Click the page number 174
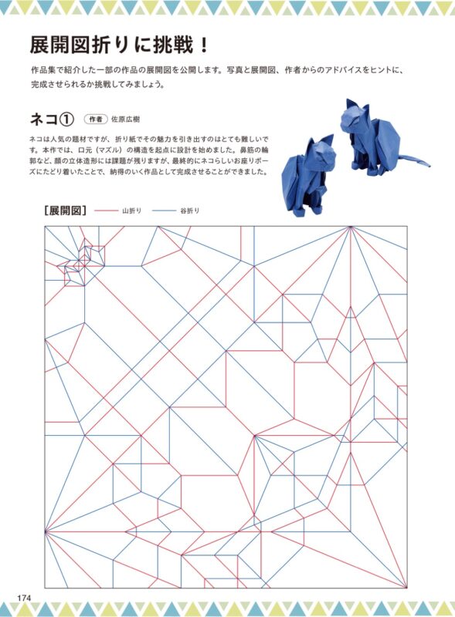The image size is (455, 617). [23, 597]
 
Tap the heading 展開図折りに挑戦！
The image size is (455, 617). [119, 46]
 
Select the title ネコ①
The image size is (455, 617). [52, 119]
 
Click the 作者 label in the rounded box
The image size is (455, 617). [96, 119]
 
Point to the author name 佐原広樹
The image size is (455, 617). [125, 120]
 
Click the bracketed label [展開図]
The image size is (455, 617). [66, 211]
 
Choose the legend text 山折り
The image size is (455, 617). [131, 211]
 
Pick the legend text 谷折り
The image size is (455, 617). [190, 211]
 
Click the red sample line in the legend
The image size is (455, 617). [106, 211]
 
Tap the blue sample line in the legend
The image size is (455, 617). [164, 211]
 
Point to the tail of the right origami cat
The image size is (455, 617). [412, 161]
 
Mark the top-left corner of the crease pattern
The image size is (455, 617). [45, 226]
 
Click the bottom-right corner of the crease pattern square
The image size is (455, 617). [407, 588]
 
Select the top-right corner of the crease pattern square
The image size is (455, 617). [407, 226]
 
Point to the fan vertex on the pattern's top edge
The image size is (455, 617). [350, 226]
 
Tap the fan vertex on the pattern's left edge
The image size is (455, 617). [45, 531]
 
